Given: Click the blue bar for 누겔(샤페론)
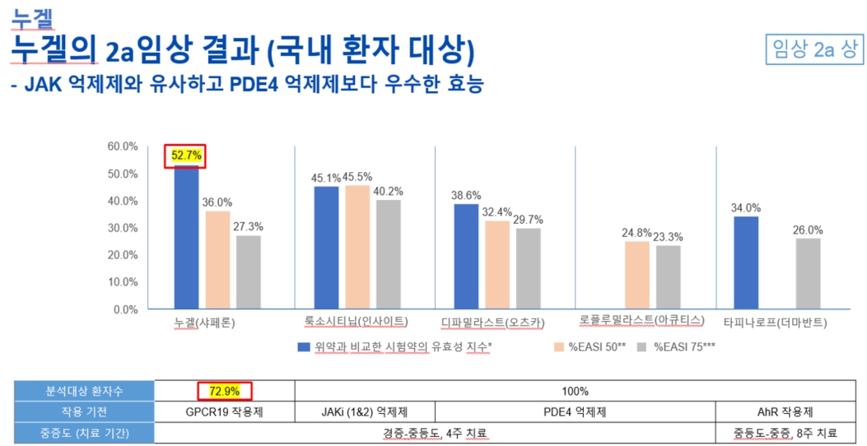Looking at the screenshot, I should (186, 237).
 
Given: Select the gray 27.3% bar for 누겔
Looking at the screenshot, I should (249, 272).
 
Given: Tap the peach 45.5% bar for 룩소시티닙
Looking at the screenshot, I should (357, 247).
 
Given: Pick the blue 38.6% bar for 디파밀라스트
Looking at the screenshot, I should (466, 257).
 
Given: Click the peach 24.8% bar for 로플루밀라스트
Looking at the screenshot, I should (637, 275).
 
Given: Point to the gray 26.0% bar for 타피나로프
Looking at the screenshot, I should (808, 273).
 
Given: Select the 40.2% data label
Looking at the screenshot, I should (389, 191).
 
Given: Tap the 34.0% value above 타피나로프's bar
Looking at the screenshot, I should (746, 208).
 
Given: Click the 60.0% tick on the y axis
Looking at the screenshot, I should (124, 146).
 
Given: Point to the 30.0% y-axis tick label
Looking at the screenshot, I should (124, 228).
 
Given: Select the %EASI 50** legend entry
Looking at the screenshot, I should (592, 346).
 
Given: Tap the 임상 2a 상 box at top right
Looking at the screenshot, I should (813, 49).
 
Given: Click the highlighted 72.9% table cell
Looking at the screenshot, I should (224, 391).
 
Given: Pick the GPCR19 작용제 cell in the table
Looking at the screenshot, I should (224, 411).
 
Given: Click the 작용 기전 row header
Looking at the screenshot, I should (84, 411).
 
